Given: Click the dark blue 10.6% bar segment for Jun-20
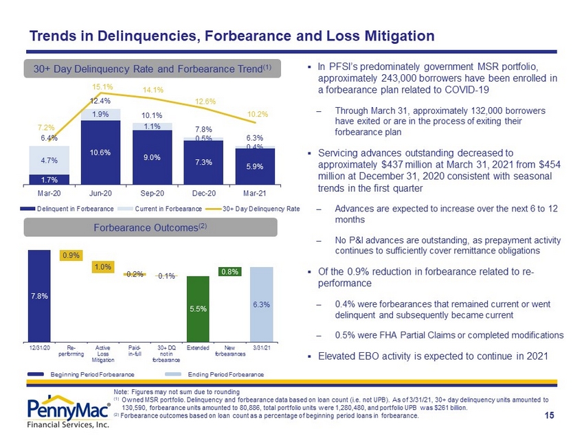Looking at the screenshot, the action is tap(100, 152).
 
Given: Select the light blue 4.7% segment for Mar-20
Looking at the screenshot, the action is tap(49, 160).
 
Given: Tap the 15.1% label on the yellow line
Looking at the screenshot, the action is tap(102, 87).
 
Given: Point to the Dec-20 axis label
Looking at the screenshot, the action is tap(204, 193).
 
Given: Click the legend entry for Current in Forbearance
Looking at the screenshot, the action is tap(160, 209).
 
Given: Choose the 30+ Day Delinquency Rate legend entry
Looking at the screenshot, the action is tap(253, 209).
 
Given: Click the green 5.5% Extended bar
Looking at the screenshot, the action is tap(198, 309).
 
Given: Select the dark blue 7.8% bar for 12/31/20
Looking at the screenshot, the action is tap(39, 296).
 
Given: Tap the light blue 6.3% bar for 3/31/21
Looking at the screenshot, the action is tap(262, 304).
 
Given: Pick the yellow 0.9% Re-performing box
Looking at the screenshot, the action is tap(71, 255).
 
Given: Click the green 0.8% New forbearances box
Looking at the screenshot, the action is tap(229, 272).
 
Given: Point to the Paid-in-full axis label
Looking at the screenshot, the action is tap(135, 351).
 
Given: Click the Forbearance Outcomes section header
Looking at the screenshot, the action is tap(150, 227).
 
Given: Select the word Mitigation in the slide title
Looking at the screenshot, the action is tap(399, 36).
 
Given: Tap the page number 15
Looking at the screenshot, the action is tap(550, 415).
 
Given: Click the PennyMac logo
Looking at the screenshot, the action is tap(69, 412).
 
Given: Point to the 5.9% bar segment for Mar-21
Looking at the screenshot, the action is tap(255, 166).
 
